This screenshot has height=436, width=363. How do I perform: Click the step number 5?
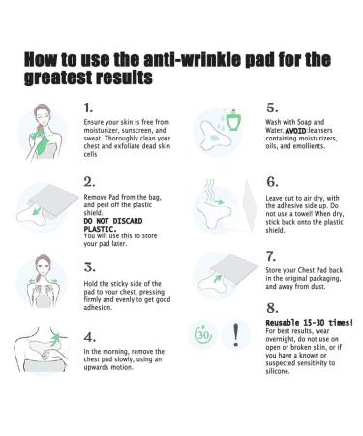(x=271, y=108)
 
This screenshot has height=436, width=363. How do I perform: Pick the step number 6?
(x=272, y=180)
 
